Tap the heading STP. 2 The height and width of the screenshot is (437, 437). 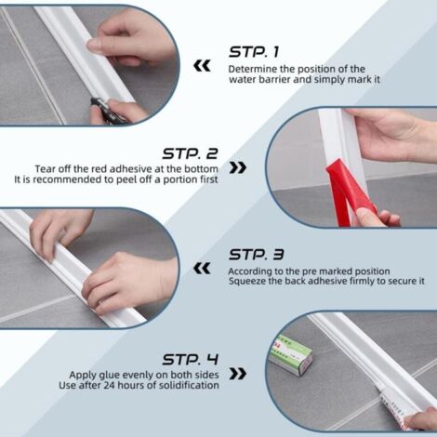click(190, 153)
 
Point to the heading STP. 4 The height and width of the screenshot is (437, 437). click(190, 359)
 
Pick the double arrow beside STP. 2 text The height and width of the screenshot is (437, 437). click(238, 168)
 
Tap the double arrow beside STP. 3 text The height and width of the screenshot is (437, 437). click(201, 268)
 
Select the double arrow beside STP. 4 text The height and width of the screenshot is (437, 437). click(238, 373)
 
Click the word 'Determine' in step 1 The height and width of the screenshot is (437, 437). click(250, 70)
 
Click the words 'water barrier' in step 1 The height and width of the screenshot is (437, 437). click(255, 80)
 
